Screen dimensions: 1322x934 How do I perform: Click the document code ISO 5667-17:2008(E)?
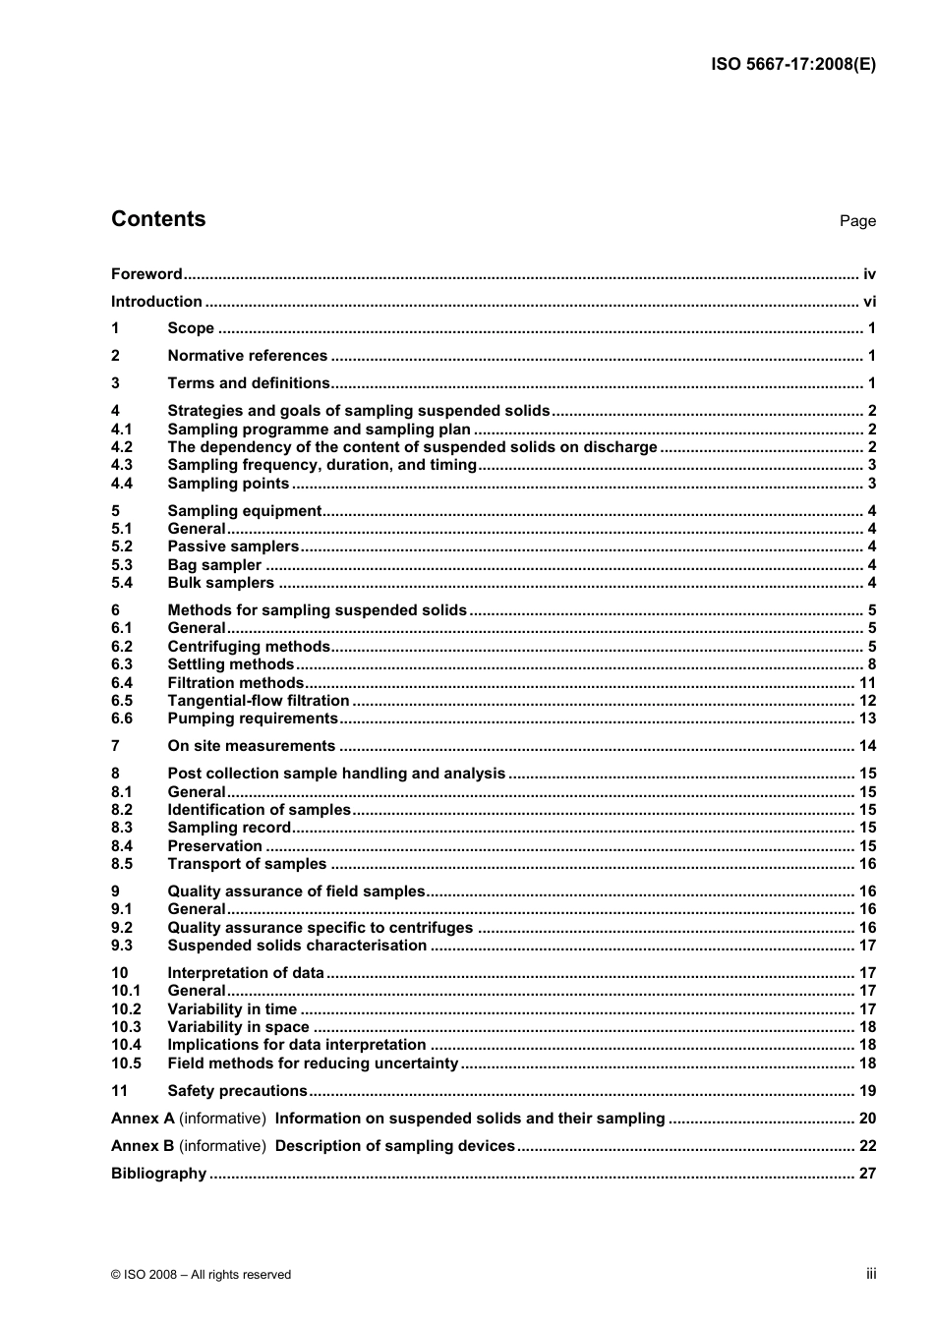point(792,65)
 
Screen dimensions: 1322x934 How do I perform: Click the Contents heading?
point(158,219)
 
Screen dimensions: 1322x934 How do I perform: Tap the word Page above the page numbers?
point(857,221)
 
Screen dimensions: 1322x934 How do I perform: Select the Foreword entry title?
point(146,274)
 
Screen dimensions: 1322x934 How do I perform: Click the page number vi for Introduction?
point(869,302)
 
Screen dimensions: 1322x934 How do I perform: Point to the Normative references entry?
point(247,356)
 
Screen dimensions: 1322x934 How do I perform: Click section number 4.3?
point(122,465)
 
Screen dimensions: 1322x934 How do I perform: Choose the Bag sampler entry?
point(214,565)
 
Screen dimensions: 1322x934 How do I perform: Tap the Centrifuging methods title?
point(249,647)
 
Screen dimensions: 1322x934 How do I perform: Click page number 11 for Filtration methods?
point(867,683)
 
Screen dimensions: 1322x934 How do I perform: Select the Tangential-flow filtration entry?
point(259,701)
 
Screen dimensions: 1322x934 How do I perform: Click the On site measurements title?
point(251,746)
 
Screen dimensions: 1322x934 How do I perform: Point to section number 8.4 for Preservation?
point(122,846)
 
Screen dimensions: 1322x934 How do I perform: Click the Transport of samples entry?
point(247,864)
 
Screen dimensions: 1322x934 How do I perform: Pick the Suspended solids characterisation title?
point(297,946)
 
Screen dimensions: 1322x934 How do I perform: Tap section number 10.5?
point(126,1063)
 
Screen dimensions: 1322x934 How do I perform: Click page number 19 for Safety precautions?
point(867,1091)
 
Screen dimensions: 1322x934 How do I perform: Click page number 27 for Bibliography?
point(867,1174)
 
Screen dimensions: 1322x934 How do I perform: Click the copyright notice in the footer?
point(202,1275)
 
